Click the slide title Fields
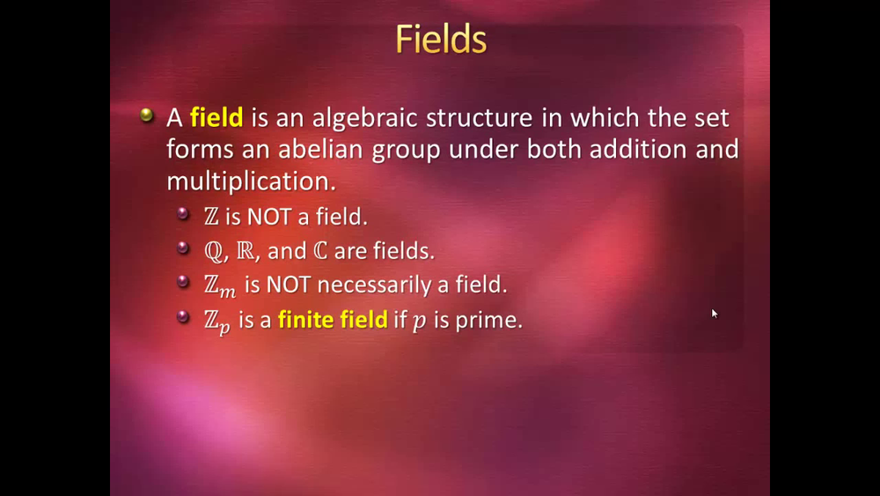tap(441, 39)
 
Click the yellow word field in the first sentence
tap(216, 117)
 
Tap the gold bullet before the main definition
tap(146, 115)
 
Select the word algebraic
tap(365, 118)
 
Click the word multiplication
tap(251, 181)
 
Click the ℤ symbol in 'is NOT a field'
tap(211, 216)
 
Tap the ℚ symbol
tap(214, 251)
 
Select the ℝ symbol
tap(246, 250)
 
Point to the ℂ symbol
tap(320, 250)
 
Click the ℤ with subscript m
tap(220, 286)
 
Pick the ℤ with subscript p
tap(217, 322)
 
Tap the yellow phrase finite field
tap(333, 320)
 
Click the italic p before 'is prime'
tap(419, 322)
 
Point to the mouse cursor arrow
tap(715, 314)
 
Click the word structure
tap(480, 118)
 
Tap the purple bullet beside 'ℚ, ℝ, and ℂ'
tap(183, 248)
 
